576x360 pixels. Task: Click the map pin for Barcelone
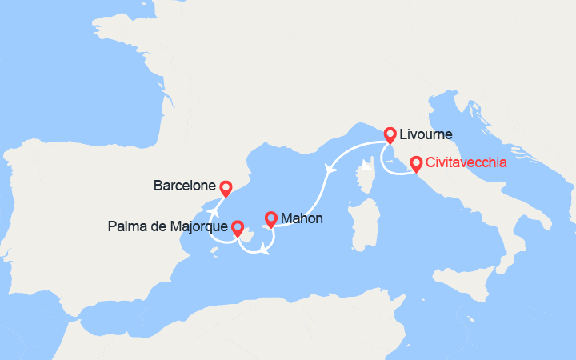226,189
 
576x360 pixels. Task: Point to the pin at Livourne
390,135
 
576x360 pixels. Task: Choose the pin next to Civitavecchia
416,164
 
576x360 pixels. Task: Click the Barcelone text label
184,186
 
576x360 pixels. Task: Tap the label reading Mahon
302,217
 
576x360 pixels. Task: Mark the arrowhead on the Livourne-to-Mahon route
329,168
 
